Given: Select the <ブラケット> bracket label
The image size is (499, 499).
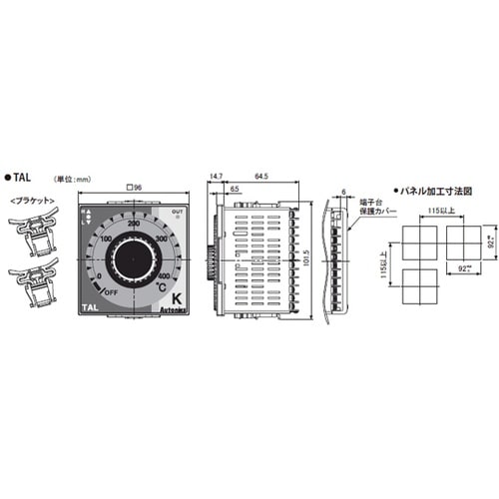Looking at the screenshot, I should click(x=32, y=200).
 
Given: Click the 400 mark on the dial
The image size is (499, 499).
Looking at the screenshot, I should click(x=165, y=275).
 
